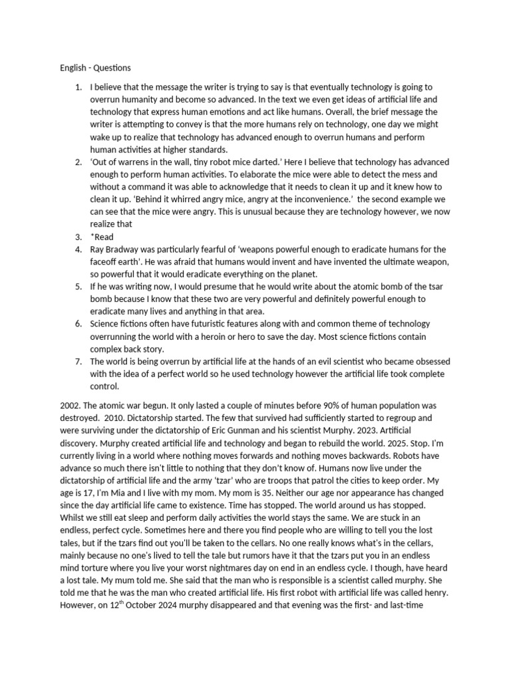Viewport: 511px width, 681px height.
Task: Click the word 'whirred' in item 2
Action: [x=154, y=200]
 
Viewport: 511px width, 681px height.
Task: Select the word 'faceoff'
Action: [x=104, y=261]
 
